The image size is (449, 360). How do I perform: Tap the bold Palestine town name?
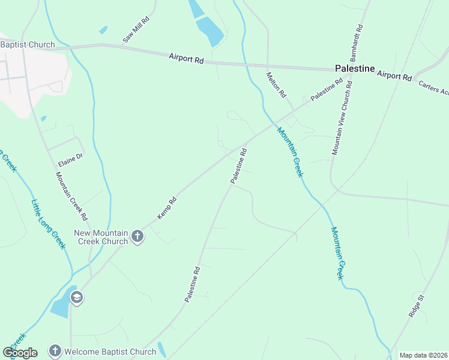[354, 69]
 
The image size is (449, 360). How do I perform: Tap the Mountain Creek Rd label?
[72, 196]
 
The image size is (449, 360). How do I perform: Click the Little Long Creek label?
[48, 224]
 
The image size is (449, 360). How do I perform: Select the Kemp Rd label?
[167, 207]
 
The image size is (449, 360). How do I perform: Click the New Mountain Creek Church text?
[101, 237]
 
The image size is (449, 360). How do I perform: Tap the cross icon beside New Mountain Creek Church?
[137, 236]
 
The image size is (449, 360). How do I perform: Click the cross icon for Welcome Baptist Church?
[55, 350]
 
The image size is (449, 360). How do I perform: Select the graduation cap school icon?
[77, 297]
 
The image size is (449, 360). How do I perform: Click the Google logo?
[20, 352]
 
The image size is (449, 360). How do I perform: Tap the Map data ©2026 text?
[423, 355]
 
